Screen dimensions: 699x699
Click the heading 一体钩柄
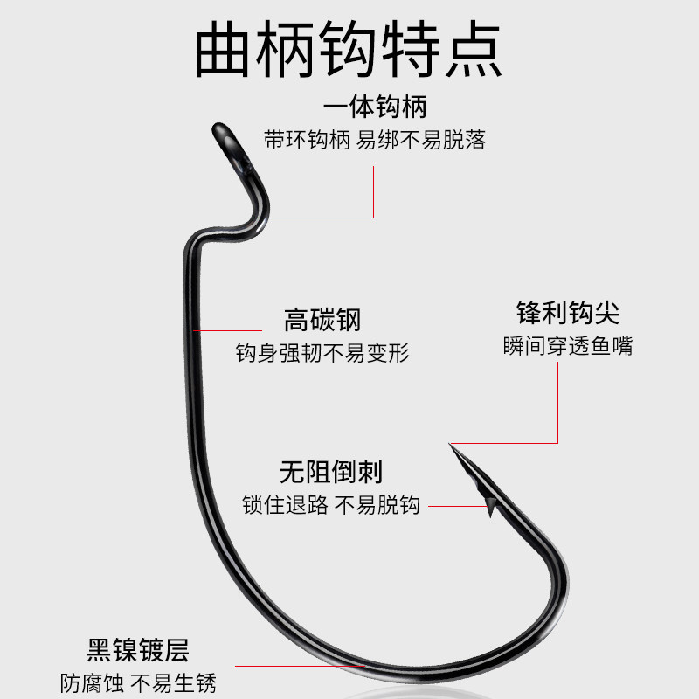click(375, 109)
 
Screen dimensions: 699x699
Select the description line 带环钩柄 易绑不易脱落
click(375, 139)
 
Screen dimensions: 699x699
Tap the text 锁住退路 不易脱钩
click(331, 505)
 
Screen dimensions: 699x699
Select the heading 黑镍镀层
click(138, 650)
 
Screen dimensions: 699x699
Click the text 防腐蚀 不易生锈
click(138, 682)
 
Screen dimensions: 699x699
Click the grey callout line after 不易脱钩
click(454, 505)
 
